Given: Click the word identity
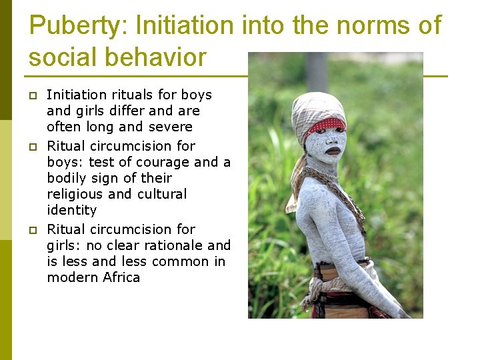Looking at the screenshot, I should pyautogui.click(x=71, y=211).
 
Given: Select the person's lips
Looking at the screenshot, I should pyautogui.click(x=333, y=151).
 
